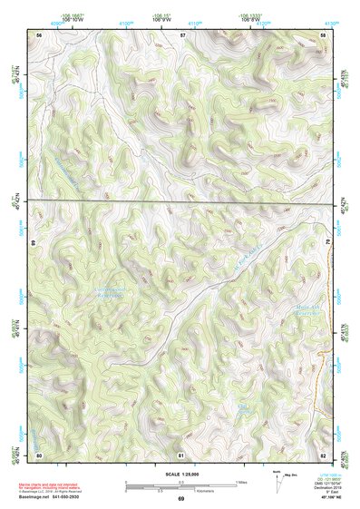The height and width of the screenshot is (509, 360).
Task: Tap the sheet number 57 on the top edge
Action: pos(182,34)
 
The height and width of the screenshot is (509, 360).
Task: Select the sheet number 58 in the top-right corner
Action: pos(324,34)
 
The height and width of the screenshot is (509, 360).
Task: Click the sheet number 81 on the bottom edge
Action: pos(182,455)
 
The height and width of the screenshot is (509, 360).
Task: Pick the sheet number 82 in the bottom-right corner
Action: pos(324,455)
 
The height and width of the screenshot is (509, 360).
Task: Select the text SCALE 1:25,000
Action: pos(181,474)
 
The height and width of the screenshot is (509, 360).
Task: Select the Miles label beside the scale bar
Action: pos(241,481)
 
